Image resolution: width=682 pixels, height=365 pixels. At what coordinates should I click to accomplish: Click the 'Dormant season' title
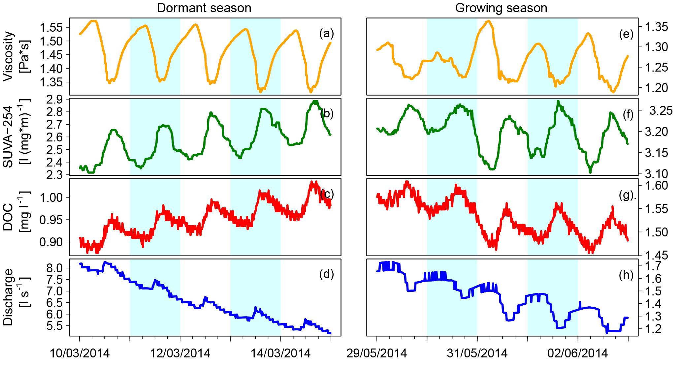(204, 8)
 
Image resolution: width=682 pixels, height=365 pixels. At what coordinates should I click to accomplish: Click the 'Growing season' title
(501, 8)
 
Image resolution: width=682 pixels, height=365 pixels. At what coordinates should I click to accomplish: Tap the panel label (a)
(327, 33)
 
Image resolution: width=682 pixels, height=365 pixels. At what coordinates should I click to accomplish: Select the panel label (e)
(626, 34)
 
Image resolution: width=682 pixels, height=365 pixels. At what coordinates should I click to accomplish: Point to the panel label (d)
(327, 274)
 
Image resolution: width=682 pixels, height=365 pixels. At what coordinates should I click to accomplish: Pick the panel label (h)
(626, 275)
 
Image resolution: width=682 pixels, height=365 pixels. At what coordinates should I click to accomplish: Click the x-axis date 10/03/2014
(80, 353)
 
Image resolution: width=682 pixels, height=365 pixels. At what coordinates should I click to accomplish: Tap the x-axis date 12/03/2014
(180, 353)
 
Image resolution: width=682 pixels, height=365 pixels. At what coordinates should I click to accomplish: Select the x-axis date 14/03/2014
(281, 353)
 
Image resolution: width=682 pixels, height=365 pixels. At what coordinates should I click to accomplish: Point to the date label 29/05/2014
(376, 353)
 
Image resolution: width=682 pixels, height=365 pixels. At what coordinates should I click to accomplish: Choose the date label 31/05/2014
(477, 353)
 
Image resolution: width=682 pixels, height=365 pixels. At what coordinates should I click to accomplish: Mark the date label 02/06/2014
(578, 353)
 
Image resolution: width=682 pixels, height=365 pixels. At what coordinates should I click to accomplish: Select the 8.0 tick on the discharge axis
(54, 268)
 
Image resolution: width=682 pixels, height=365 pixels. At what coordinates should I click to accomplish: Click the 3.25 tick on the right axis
(661, 110)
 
